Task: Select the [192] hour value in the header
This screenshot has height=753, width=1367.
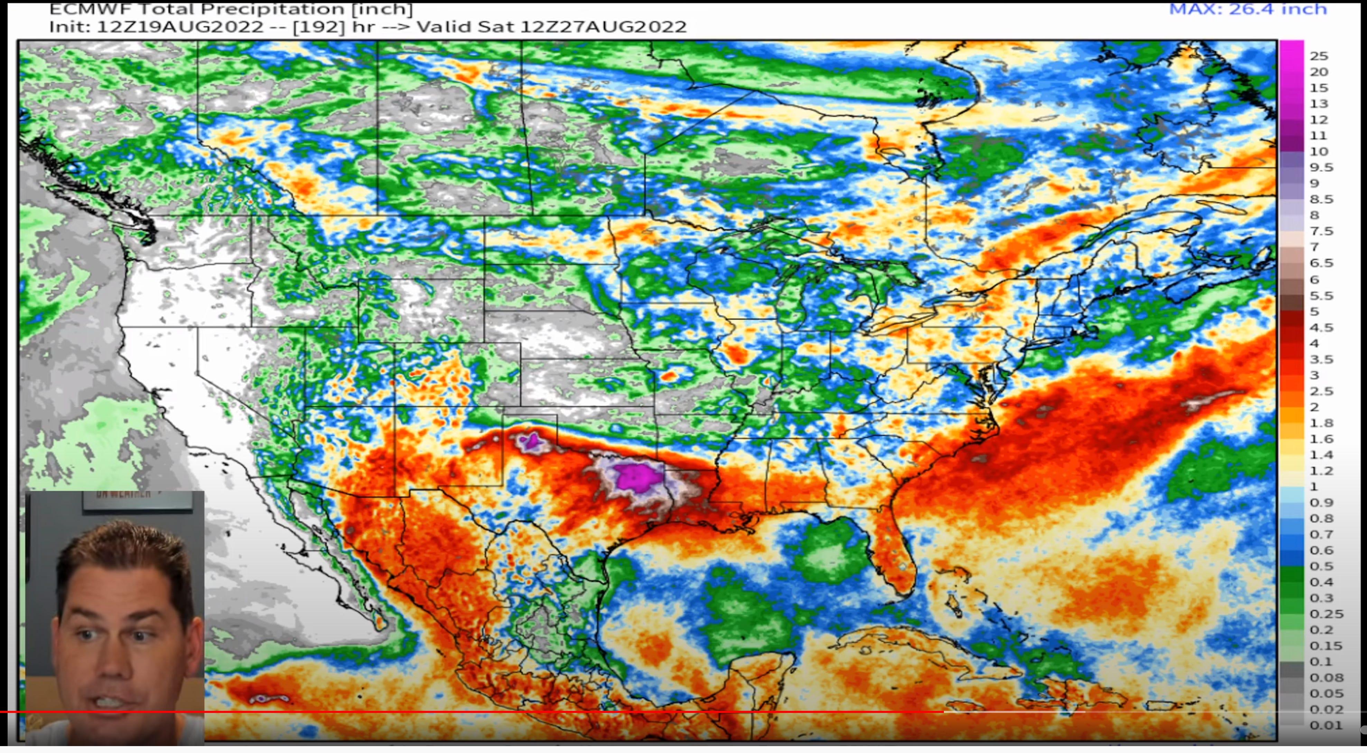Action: coord(318,27)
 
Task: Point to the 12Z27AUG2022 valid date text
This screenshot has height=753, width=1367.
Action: coord(603,27)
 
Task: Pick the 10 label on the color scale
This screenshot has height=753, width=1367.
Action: coord(1319,152)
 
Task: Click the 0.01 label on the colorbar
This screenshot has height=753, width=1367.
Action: coord(1326,725)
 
